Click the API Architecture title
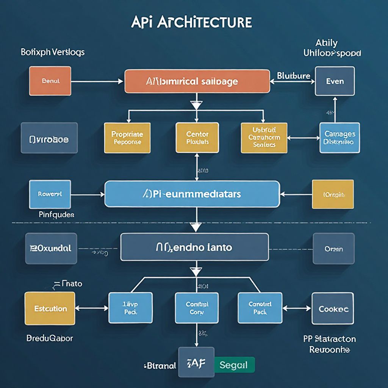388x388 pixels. tap(191, 22)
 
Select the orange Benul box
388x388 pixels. tap(50, 81)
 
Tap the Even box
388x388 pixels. tap(335, 81)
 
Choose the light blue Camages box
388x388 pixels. tap(339, 138)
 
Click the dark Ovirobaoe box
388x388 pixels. tap(49, 138)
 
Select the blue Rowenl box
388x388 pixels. tap(50, 194)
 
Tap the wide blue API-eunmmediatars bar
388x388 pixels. tap(192, 194)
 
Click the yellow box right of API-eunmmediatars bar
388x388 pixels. tap(333, 194)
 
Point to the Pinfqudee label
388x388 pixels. tap(56, 215)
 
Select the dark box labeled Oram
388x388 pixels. tap(333, 249)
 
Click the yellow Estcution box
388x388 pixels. tap(50, 308)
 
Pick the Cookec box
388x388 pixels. tap(333, 308)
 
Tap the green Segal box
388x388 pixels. tap(234, 365)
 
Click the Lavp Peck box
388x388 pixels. tap(130, 308)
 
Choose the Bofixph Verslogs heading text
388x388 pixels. tap(52, 52)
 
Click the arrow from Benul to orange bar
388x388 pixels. tap(97, 81)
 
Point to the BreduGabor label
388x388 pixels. tap(50, 338)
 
